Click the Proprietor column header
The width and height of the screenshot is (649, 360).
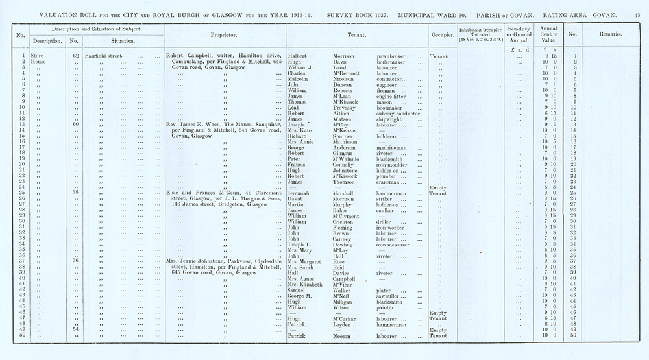224,34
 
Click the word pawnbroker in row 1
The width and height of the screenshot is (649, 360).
392,56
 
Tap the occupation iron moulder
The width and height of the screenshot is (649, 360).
393,165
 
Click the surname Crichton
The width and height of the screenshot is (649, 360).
346,222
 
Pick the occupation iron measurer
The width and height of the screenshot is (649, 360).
395,245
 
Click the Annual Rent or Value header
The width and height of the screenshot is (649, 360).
548,34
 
